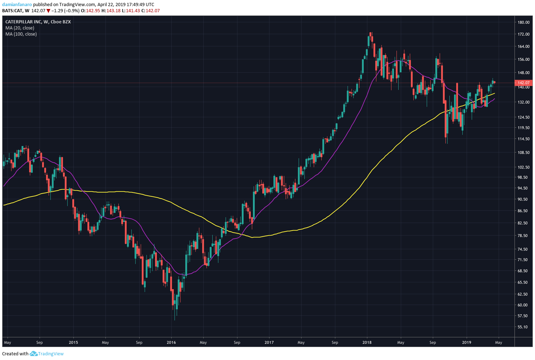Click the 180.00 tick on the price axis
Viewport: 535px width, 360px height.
click(523, 22)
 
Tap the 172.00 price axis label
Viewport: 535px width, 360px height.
click(523, 34)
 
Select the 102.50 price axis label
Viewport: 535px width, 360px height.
click(523, 167)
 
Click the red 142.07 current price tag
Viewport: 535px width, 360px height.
click(523, 83)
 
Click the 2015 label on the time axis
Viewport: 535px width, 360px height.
click(73, 342)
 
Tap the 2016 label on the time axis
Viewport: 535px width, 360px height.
click(171, 342)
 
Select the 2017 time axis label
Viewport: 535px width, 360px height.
click(269, 342)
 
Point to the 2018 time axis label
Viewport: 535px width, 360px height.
click(367, 342)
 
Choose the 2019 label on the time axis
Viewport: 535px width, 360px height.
click(466, 342)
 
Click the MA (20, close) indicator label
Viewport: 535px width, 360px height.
click(20, 28)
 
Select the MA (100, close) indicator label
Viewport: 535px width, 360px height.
click(21, 34)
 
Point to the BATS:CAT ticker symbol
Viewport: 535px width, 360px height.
click(12, 11)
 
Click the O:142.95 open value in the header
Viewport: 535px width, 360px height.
click(90, 11)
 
